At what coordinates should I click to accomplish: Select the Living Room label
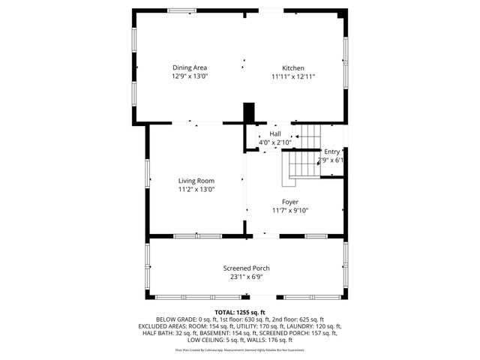click(x=196, y=181)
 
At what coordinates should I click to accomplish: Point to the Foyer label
click(x=290, y=202)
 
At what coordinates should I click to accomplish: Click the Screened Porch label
click(x=246, y=268)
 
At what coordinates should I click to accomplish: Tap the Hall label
click(x=275, y=133)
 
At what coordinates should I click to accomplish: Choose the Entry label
click(x=331, y=151)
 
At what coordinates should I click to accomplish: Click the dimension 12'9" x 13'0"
click(x=190, y=76)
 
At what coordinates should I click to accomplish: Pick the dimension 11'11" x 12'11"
click(x=292, y=76)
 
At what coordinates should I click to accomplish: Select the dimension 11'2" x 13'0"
click(x=196, y=190)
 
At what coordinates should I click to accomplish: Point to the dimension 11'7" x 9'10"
click(x=290, y=211)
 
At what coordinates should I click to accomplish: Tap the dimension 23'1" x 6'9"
click(x=246, y=277)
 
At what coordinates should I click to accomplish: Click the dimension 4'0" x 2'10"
click(x=274, y=142)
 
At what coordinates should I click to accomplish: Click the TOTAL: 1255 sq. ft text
click(x=240, y=312)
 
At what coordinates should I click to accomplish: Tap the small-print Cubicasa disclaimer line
click(x=240, y=349)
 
